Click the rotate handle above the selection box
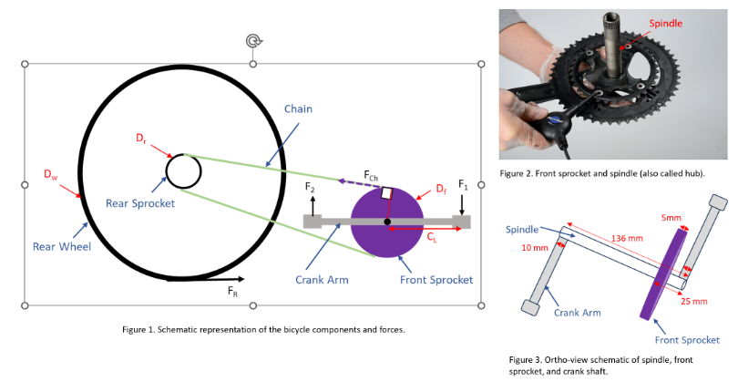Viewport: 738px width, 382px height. click(x=252, y=41)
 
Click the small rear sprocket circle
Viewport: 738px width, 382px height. click(x=183, y=170)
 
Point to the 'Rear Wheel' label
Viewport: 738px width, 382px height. click(x=61, y=245)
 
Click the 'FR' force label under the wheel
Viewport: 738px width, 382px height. click(x=233, y=292)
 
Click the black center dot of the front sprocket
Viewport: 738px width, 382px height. click(x=387, y=222)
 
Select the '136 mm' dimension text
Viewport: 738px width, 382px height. click(x=624, y=237)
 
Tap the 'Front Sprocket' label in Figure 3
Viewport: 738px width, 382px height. click(x=690, y=339)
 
